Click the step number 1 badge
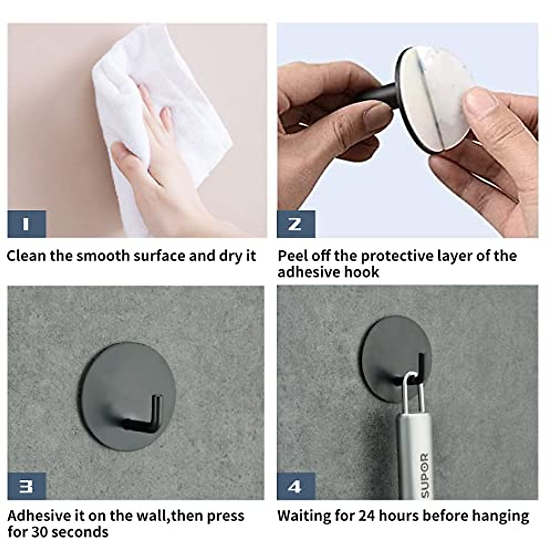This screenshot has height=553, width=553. tap(26, 224)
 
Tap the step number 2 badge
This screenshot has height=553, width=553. tap(295, 224)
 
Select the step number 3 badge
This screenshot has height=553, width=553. tap(26, 486)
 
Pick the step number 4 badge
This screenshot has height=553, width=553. tap(295, 486)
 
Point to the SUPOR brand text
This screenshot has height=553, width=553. tap(424, 475)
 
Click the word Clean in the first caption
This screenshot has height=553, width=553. tap(26, 256)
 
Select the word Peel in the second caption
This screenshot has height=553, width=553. tap(293, 256)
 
